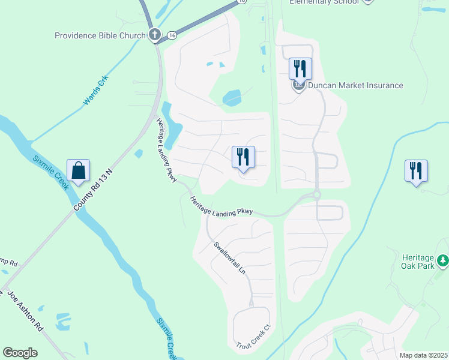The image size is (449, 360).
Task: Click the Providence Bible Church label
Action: coord(100,35)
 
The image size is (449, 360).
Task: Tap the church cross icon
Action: coord(155,35)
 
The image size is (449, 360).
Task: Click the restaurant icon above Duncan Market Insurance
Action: coord(300,68)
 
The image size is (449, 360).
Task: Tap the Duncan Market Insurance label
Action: coord(355,85)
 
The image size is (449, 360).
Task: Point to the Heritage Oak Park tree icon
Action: coord(443,260)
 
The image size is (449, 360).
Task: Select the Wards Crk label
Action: coord(95,91)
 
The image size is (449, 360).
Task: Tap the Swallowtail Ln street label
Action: coord(231,259)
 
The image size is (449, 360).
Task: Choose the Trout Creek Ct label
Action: coord(255,338)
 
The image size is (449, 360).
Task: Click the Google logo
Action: coord(21,353)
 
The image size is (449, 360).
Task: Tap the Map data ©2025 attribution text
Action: coord(423,355)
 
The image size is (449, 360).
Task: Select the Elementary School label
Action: coord(324,2)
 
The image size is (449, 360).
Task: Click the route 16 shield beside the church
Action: coord(172,35)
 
